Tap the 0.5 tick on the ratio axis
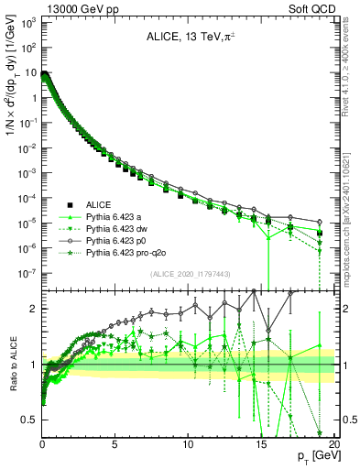(x=30, y=420)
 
